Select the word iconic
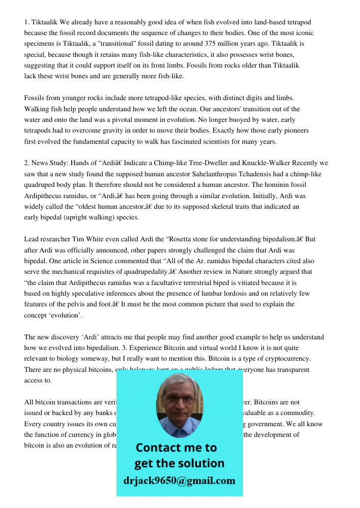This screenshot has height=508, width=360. click(x=301, y=33)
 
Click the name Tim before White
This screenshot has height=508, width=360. click(x=81, y=239)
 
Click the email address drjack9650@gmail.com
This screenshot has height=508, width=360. click(x=179, y=481)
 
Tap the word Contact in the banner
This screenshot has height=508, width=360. click(x=161, y=448)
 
